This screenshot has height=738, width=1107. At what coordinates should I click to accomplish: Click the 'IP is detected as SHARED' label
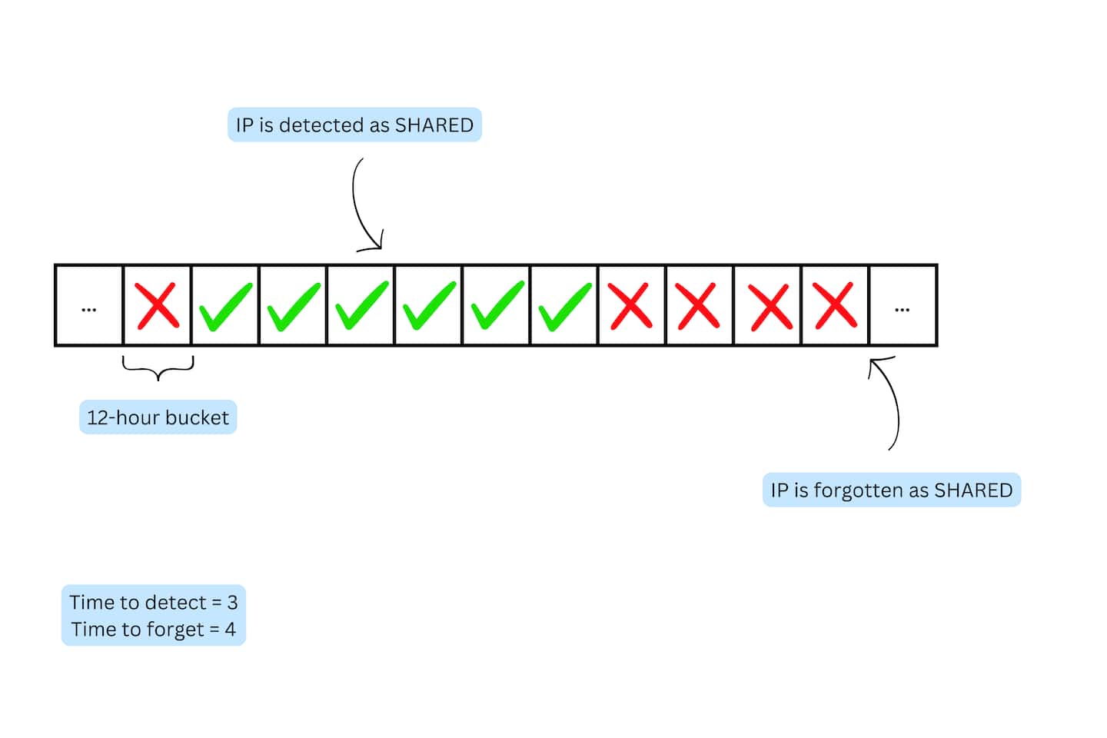[x=354, y=125]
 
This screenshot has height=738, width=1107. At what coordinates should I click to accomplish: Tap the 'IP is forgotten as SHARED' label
[x=891, y=490]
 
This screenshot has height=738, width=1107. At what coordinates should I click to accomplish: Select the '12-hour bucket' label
[x=158, y=417]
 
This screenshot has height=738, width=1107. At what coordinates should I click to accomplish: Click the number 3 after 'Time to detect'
[x=232, y=602]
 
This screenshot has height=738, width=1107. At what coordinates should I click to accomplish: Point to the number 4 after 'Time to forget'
[x=230, y=630]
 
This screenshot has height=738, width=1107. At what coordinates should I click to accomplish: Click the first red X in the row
[x=157, y=306]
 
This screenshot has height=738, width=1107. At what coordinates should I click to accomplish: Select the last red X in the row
[x=835, y=306]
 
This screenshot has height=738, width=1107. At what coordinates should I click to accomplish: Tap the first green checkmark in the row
[x=225, y=306]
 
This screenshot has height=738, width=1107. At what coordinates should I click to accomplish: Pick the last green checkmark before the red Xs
[x=564, y=306]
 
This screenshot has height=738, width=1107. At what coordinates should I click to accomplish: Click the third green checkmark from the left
[x=361, y=306]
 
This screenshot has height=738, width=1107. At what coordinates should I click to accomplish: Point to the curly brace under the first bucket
[x=158, y=368]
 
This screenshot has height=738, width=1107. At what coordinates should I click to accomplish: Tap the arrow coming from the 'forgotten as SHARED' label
[x=890, y=400]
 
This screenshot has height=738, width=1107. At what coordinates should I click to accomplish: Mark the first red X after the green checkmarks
[x=631, y=306]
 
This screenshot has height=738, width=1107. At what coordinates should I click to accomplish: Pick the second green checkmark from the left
[x=293, y=306]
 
